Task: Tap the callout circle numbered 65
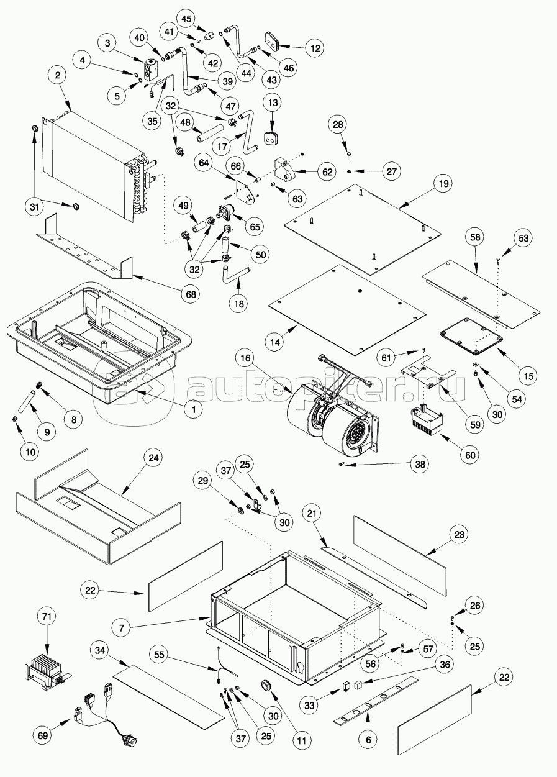[x=255, y=226]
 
